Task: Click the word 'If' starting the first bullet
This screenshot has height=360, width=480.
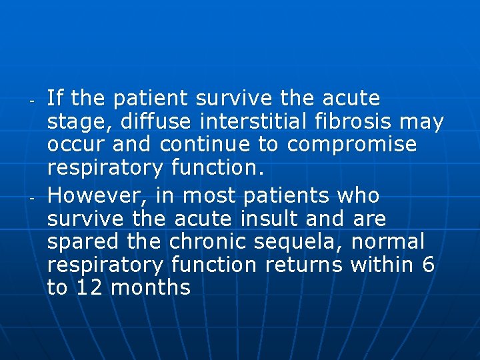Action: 55,99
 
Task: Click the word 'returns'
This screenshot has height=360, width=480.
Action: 304,265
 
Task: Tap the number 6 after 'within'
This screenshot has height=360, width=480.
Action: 429,265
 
